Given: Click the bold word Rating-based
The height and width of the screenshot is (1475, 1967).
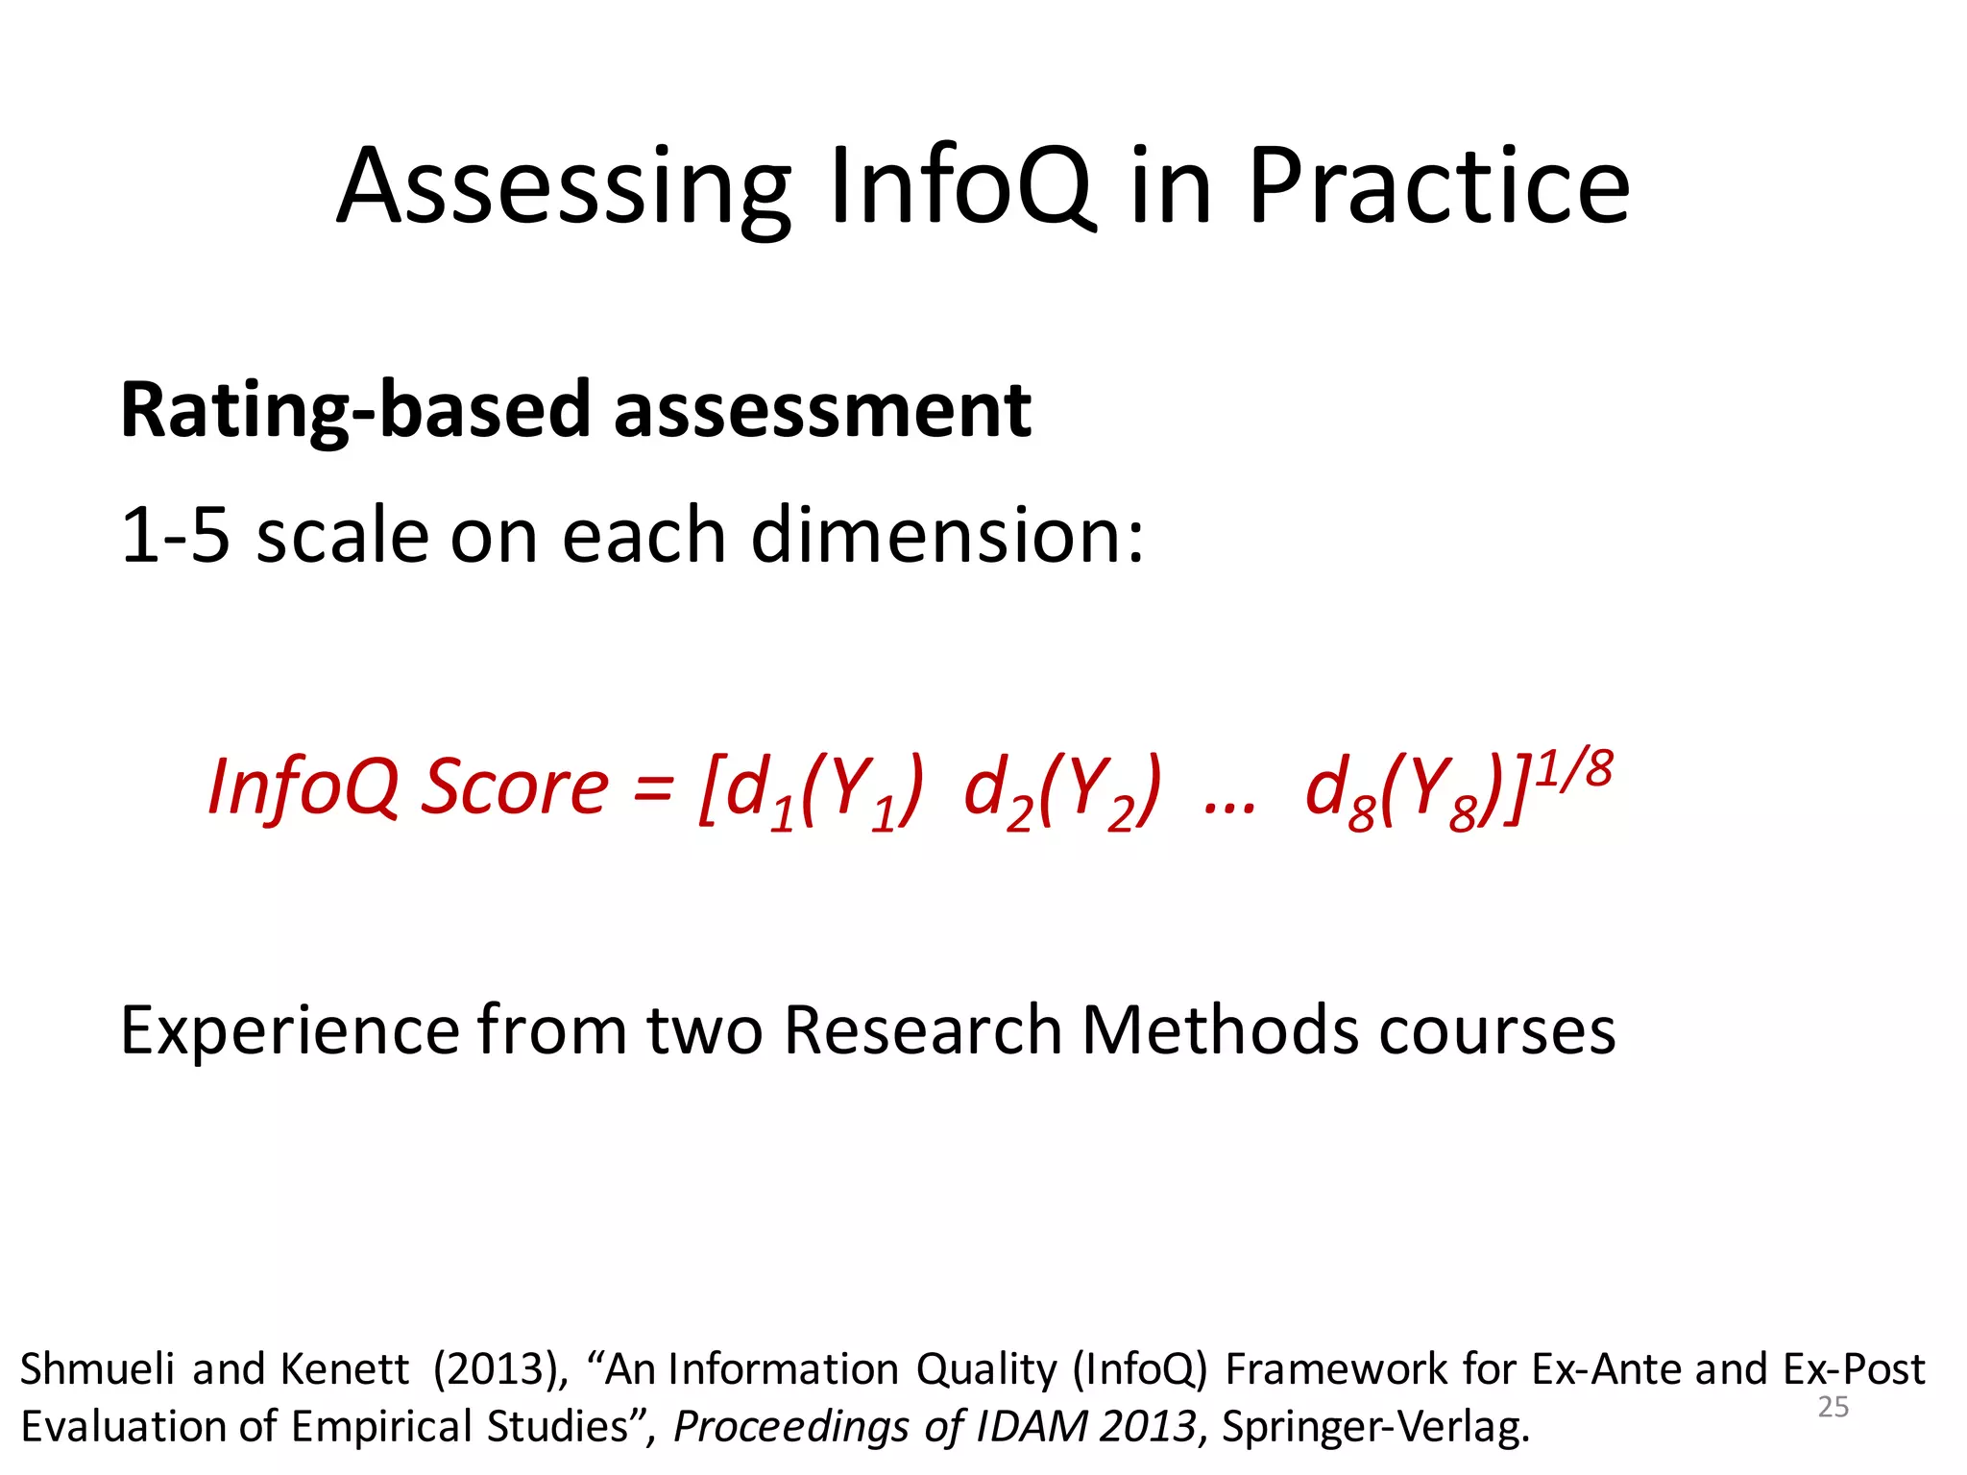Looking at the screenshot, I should click(x=354, y=410).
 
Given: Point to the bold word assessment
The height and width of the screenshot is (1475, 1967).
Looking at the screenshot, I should click(x=822, y=410).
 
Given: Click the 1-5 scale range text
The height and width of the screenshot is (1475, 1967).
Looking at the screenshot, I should click(x=175, y=535).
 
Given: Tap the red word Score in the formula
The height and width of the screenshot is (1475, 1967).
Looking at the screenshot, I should click(x=516, y=787).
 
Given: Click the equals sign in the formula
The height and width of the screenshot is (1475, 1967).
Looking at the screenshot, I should click(x=653, y=787).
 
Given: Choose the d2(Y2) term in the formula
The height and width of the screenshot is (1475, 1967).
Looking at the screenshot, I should click(x=1060, y=792).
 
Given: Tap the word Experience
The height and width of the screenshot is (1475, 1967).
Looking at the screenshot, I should click(x=289, y=1030).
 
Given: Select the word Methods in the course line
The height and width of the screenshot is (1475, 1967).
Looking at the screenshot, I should click(x=1220, y=1030).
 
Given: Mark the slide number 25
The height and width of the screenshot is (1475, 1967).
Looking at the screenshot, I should click(x=1833, y=1407).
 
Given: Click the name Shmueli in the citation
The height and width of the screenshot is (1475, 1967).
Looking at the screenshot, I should click(x=95, y=1368).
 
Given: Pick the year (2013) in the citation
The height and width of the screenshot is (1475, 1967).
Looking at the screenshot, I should click(x=499, y=1368).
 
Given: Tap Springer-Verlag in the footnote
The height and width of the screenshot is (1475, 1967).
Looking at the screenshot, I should click(x=1374, y=1427).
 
